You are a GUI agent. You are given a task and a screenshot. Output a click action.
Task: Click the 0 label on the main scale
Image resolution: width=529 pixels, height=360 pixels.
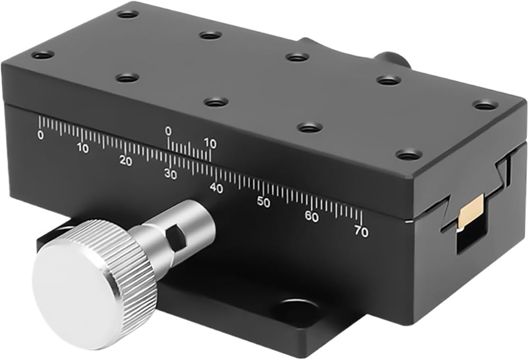(x=41, y=135)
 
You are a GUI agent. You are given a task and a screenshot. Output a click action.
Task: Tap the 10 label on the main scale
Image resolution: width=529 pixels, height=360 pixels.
(x=83, y=148)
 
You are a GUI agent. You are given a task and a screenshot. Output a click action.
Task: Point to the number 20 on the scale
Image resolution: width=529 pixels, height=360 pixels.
(x=126, y=161)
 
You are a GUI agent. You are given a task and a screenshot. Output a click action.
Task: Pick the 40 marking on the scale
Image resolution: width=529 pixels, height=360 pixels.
(x=216, y=188)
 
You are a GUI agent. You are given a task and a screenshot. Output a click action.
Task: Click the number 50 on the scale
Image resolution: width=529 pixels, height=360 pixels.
(x=263, y=202)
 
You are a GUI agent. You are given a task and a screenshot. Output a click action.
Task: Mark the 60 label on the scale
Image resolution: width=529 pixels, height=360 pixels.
(x=312, y=217)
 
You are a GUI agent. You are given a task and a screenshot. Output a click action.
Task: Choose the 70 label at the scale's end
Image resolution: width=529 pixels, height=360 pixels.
(x=361, y=231)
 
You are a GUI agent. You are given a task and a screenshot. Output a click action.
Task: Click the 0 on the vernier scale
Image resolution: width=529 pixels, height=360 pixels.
(x=168, y=131)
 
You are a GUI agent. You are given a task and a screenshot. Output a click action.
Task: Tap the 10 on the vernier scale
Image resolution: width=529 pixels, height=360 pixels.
(x=210, y=144)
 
